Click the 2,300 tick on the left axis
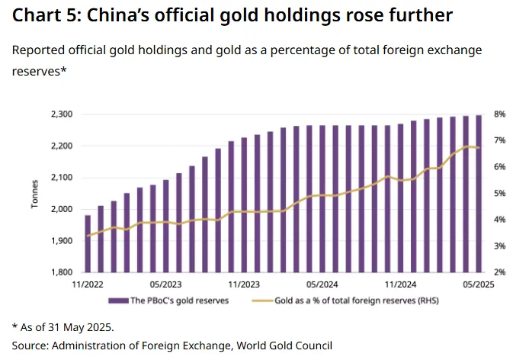[x=61, y=114]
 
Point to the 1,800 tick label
[x=61, y=272]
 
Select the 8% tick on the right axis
[x=499, y=114]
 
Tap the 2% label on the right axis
[x=499, y=272]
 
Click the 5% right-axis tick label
[x=499, y=194]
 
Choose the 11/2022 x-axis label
[x=88, y=284]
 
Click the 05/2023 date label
[x=165, y=284]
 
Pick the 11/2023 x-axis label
[x=244, y=284]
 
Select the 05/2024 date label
[x=322, y=284]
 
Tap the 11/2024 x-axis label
[x=400, y=284]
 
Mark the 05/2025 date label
[x=478, y=284]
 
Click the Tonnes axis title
[x=34, y=194]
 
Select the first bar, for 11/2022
[x=88, y=244]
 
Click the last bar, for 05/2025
[x=479, y=194]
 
